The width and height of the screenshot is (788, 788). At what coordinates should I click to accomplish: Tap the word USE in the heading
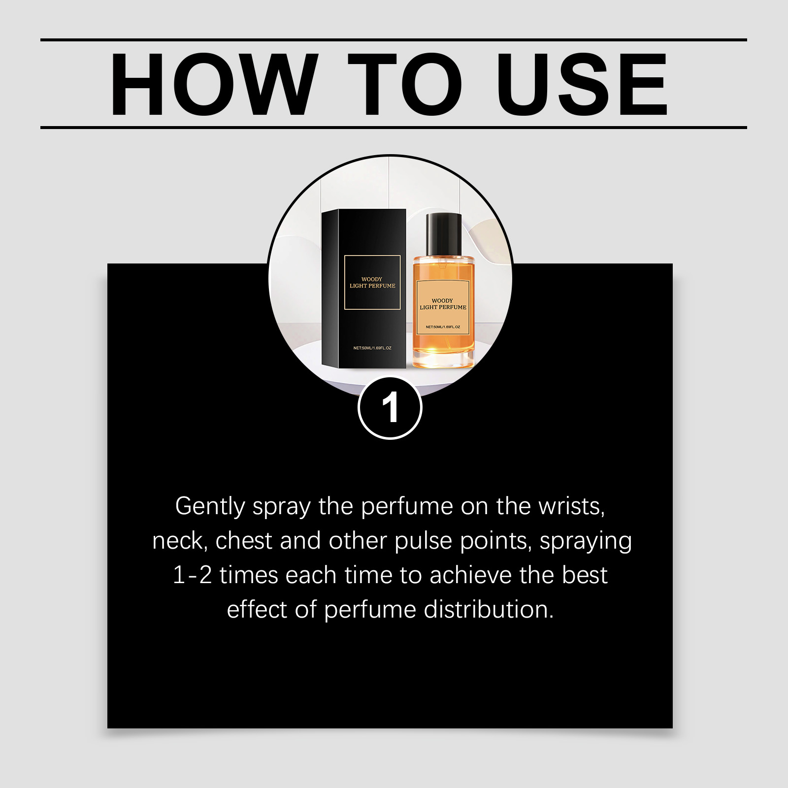582,84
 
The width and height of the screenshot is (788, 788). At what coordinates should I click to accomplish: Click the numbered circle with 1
390,407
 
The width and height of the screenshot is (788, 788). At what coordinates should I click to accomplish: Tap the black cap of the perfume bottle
444,234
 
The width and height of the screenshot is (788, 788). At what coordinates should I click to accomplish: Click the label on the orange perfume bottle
443,307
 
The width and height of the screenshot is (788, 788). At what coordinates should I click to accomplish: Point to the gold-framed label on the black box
372,282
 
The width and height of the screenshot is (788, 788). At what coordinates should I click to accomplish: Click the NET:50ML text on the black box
372,348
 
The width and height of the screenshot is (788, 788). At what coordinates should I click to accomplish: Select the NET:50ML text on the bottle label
443,327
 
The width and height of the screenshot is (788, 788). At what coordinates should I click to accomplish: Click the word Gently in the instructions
210,507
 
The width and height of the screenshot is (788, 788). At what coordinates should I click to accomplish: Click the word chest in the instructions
244,541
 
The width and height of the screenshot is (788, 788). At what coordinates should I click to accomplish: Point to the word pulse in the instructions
423,542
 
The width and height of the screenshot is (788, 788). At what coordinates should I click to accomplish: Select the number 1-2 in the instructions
193,575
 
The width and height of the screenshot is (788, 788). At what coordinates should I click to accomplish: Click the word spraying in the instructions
586,542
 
